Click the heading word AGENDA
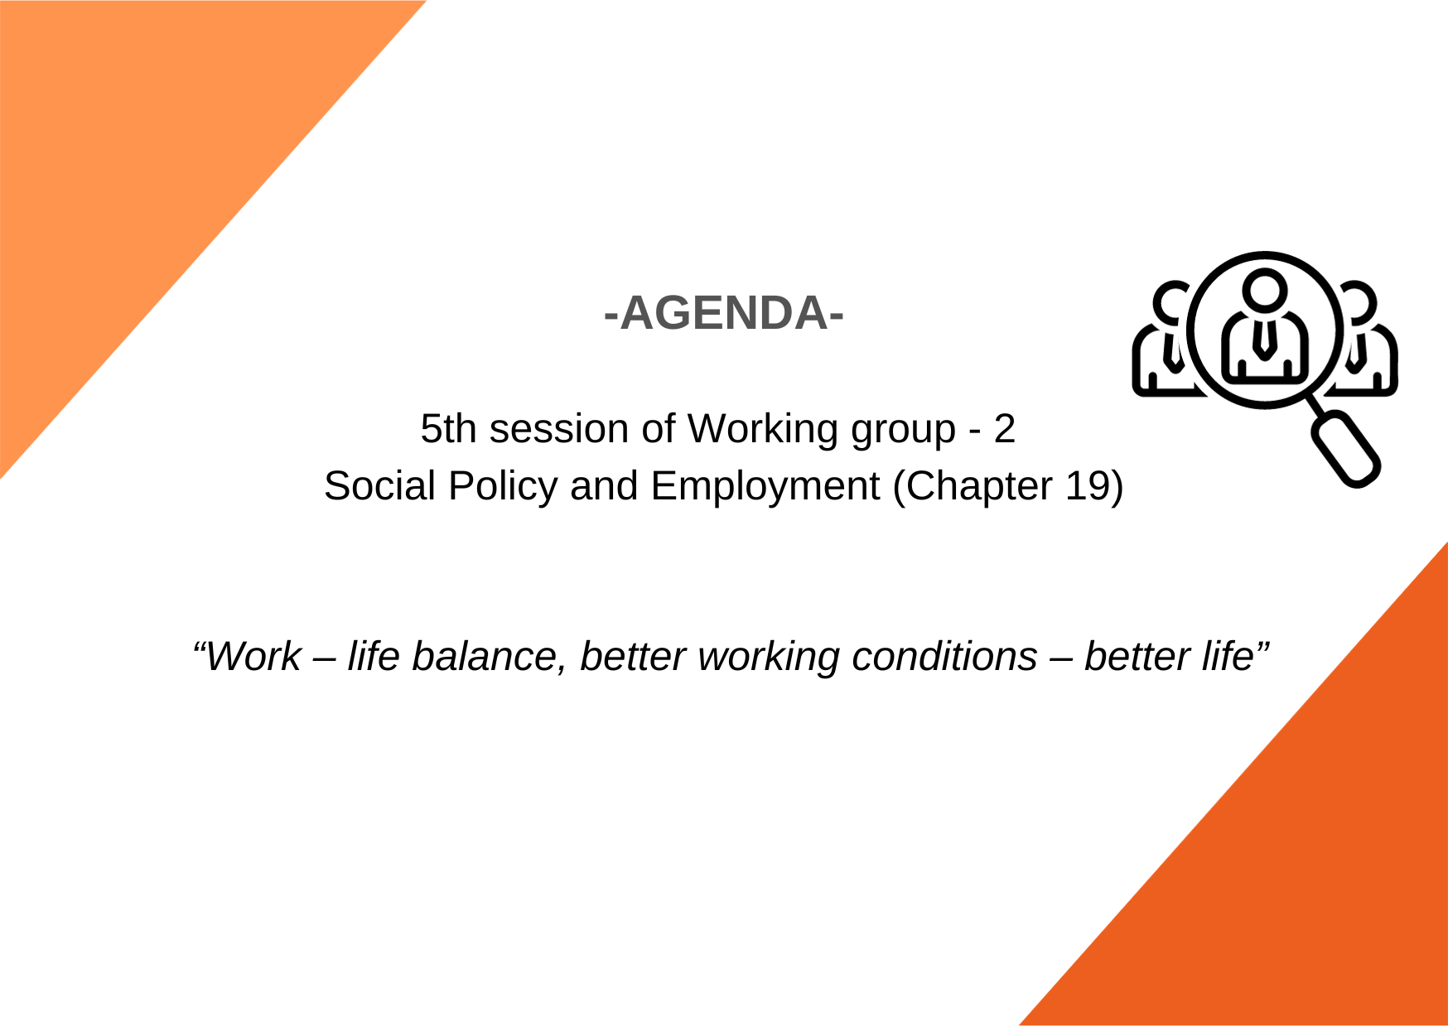(x=724, y=313)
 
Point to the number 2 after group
(x=1005, y=429)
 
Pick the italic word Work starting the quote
(x=253, y=657)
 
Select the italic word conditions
(x=944, y=657)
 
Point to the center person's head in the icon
(x=1265, y=290)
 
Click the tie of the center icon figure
(x=1264, y=340)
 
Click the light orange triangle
(x=141, y=157)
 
